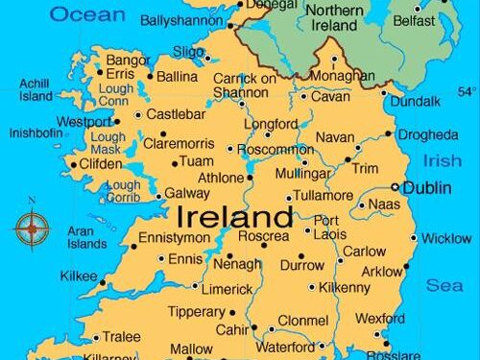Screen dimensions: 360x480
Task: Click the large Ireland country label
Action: tap(233, 213)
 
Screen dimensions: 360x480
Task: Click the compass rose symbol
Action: tap(32, 228)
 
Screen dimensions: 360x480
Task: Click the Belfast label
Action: tap(413, 20)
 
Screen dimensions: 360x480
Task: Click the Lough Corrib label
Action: tap(123, 191)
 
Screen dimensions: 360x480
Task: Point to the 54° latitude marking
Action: tap(466, 92)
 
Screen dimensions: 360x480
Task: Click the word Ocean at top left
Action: tap(87, 13)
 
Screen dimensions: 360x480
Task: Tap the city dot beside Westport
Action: tap(117, 122)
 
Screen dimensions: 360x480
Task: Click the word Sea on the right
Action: tap(444, 285)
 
